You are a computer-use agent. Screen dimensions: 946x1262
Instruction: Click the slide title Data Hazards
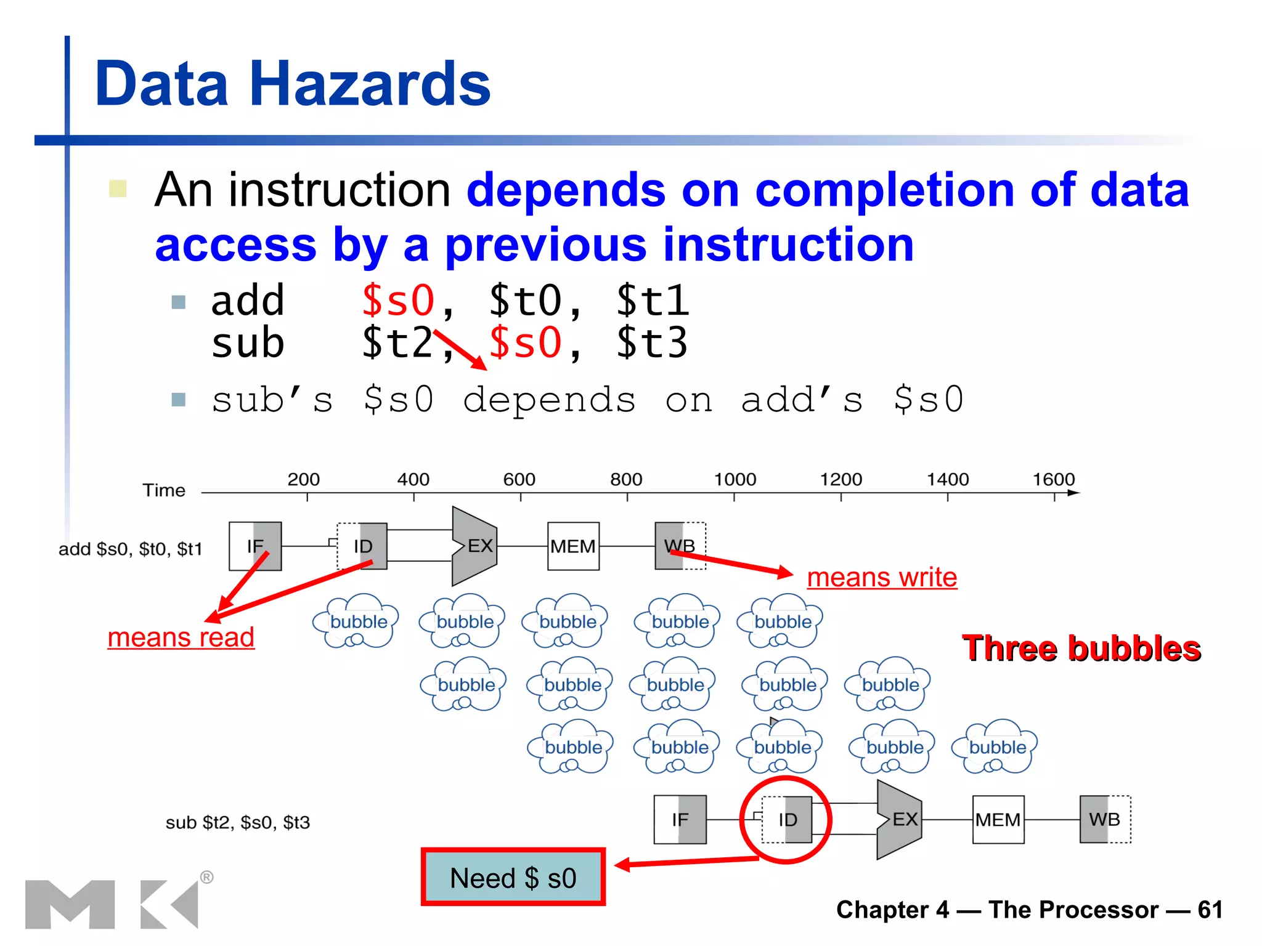tap(293, 84)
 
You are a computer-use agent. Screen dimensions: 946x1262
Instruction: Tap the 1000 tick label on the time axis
tap(735, 479)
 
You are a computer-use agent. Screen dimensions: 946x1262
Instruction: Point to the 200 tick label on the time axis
tap(303, 479)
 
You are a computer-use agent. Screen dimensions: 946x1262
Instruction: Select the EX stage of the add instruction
tap(476, 546)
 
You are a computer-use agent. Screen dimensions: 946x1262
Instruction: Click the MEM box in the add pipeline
tap(573, 546)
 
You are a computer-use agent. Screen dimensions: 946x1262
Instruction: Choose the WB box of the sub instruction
tap(1105, 819)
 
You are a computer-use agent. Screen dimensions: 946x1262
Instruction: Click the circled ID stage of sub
tap(787, 820)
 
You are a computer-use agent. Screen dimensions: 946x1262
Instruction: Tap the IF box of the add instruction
tap(255, 546)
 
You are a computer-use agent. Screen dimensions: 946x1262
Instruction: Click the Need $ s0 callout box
tap(513, 877)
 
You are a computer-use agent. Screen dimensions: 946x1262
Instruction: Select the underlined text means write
tap(882, 578)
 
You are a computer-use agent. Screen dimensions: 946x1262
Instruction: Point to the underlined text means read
tap(181, 637)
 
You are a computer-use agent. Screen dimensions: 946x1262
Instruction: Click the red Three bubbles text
tap(1081, 649)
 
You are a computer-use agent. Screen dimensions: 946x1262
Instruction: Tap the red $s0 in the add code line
tap(398, 301)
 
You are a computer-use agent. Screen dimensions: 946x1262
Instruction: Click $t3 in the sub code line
tap(652, 342)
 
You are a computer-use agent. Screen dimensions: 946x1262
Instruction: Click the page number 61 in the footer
tap(1210, 910)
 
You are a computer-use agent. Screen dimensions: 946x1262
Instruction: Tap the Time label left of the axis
tap(164, 490)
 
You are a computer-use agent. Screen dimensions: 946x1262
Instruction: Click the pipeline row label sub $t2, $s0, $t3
tap(237, 822)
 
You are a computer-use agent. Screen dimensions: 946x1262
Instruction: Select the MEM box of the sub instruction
tap(998, 820)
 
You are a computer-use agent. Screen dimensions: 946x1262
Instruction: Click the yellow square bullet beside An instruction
tap(118, 188)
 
